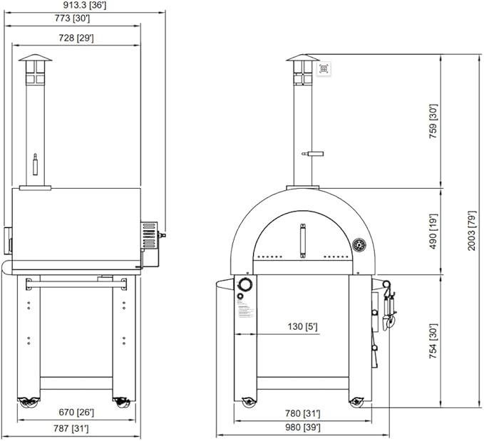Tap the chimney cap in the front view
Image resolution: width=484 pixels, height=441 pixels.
303,58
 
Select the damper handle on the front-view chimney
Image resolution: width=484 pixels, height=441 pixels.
312,152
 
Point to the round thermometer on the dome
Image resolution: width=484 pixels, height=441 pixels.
359,243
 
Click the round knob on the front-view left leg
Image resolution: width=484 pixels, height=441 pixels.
245,286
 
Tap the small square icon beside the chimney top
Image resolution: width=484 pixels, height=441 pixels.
324,68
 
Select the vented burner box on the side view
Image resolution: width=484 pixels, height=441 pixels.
149,234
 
